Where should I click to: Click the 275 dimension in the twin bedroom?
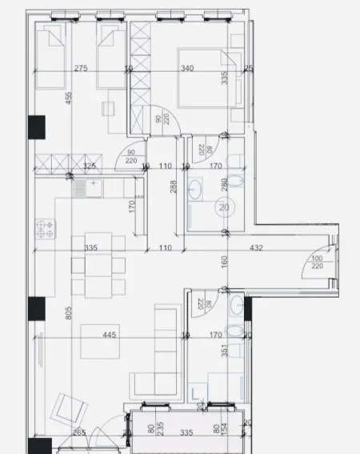point(80,69)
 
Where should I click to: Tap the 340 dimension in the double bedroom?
point(188,69)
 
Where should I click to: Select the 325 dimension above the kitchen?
point(89,167)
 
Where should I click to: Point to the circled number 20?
point(223,207)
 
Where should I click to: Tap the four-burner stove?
point(45,228)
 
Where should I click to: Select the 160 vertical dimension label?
point(225,260)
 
